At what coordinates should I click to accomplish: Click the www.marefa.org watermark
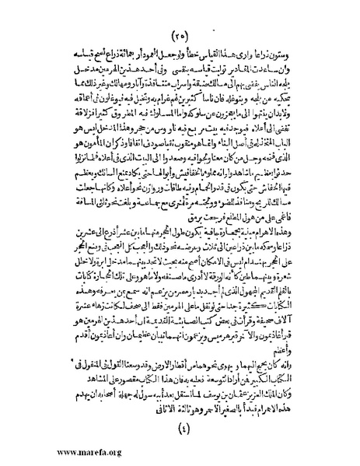click(56, 452)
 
